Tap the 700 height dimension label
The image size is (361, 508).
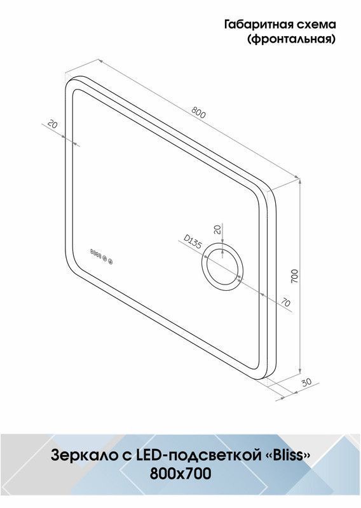(294, 276)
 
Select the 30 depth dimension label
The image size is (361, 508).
(306, 382)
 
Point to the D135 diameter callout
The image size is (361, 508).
(193, 242)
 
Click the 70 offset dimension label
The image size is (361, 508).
(285, 303)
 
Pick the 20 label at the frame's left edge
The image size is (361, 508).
(53, 124)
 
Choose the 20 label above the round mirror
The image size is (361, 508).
(217, 229)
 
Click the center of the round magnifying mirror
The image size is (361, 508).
(222, 266)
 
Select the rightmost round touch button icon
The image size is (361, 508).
(111, 262)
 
